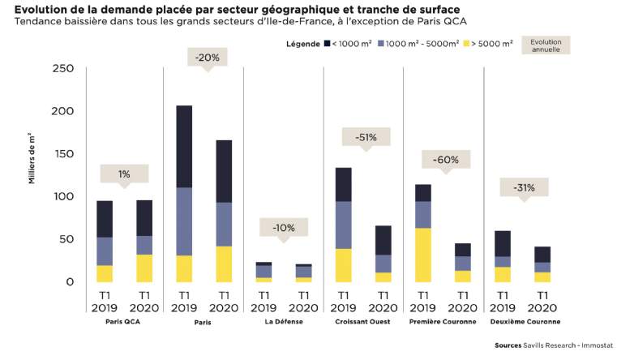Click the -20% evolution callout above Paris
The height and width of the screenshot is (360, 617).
pyautogui.click(x=208, y=58)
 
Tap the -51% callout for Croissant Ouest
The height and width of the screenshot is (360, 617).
pyautogui.click(x=366, y=137)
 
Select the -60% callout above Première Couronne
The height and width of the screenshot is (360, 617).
pyautogui.click(x=446, y=160)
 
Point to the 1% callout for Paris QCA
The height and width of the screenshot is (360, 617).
pyautogui.click(x=124, y=174)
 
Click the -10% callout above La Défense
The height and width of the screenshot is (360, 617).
pyautogui.click(x=283, y=228)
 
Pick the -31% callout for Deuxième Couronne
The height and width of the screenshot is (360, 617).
pyautogui.click(x=524, y=188)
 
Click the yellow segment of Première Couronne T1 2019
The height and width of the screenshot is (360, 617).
pyautogui.click(x=423, y=255)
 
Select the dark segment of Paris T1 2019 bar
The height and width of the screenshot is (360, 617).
pyautogui.click(x=184, y=147)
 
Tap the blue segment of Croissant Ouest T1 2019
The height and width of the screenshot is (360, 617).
pyautogui.click(x=344, y=225)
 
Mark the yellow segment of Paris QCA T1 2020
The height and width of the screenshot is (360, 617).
pyautogui.click(x=144, y=268)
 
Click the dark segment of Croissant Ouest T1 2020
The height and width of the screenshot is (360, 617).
pyautogui.click(x=383, y=240)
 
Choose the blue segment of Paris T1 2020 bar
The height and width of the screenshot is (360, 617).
pyautogui.click(x=224, y=225)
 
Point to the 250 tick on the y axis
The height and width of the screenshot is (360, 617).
pyautogui.click(x=63, y=68)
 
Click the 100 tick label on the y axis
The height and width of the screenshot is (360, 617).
pyautogui.click(x=63, y=196)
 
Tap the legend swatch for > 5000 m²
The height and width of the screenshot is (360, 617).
pyautogui.click(x=467, y=44)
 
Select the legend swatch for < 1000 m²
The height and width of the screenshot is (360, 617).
pyautogui.click(x=327, y=44)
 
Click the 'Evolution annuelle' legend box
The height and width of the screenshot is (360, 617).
pyautogui.click(x=546, y=45)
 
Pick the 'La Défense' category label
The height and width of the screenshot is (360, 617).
pyautogui.click(x=284, y=321)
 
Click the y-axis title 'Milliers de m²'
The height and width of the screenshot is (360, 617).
pyautogui.click(x=32, y=159)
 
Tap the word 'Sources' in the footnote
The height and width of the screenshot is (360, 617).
pyautogui.click(x=508, y=345)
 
